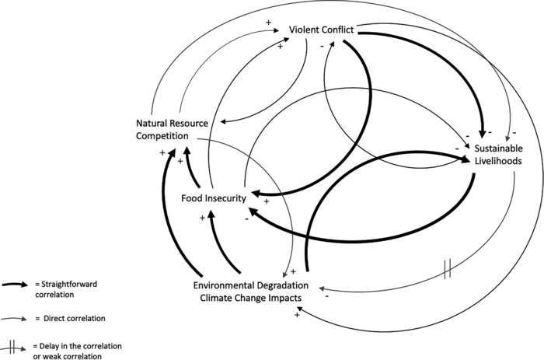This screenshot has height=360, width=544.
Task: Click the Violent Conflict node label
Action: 321,30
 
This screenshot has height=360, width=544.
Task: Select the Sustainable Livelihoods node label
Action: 497,154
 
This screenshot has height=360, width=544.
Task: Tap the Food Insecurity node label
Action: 214,198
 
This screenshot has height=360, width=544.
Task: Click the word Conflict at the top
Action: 339,30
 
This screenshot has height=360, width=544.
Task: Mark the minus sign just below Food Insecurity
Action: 246,218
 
